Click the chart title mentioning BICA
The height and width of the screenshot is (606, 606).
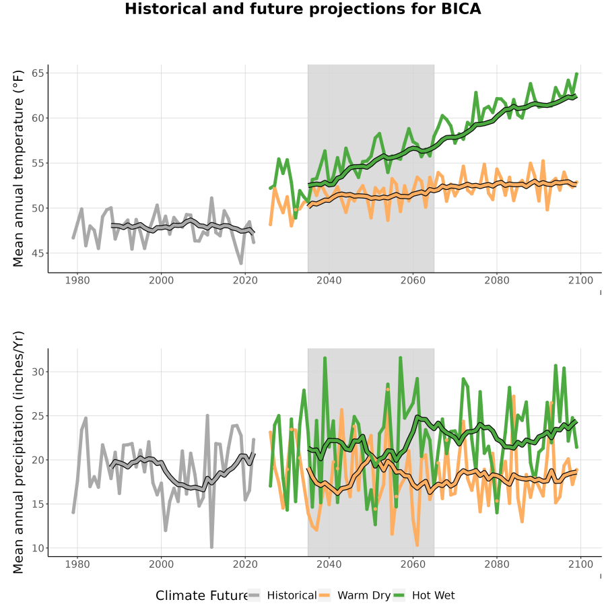(x=302, y=9)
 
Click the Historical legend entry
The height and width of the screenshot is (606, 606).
(x=283, y=595)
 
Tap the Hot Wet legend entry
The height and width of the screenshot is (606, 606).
(x=424, y=595)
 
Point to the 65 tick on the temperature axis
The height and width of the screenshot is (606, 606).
(x=40, y=73)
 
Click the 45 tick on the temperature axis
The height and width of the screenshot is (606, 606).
(x=40, y=253)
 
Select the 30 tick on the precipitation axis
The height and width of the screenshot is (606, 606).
(x=40, y=372)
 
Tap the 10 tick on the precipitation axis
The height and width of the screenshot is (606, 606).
(x=40, y=548)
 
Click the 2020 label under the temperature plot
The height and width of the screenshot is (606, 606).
(x=245, y=280)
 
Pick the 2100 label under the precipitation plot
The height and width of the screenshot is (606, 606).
(x=580, y=564)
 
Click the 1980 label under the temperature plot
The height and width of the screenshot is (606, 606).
(x=77, y=280)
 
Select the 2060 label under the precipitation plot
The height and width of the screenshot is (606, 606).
(x=413, y=564)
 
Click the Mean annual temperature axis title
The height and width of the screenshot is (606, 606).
(x=18, y=168)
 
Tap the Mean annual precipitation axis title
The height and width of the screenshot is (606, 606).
(x=18, y=452)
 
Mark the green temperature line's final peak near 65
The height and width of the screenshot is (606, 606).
(x=576, y=73)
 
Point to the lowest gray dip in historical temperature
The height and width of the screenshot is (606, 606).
(x=241, y=263)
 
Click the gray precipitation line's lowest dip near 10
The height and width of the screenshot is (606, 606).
(x=212, y=547)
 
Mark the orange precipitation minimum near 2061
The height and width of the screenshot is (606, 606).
(x=417, y=545)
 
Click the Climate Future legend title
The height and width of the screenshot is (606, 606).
(x=201, y=595)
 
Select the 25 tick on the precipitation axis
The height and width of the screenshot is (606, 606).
(x=40, y=416)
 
